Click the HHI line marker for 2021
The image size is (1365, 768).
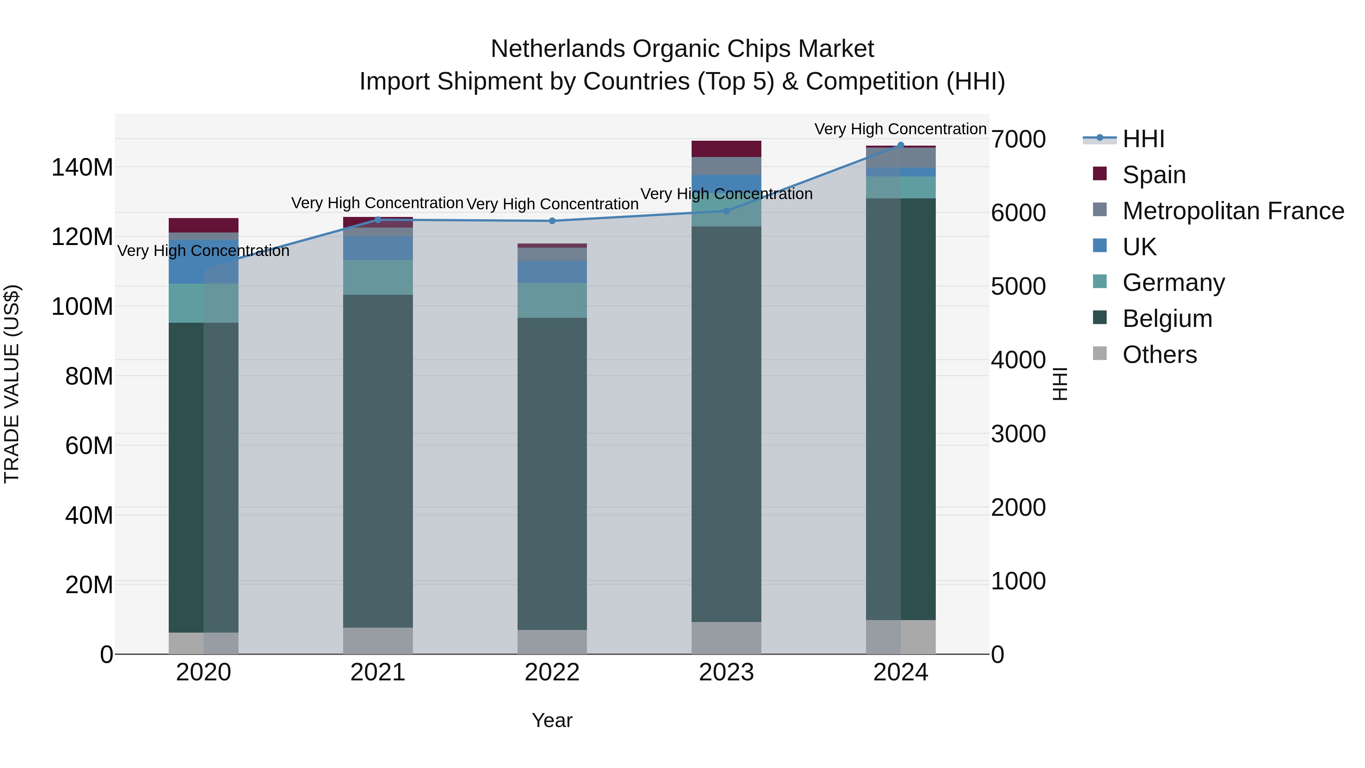click(x=378, y=220)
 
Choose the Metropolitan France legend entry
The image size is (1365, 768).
click(x=1233, y=211)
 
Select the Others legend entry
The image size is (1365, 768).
click(x=1159, y=355)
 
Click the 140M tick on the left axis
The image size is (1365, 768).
click(x=82, y=168)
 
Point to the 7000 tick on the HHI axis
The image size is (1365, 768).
click(x=1018, y=140)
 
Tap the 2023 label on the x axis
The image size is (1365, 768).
click(x=726, y=672)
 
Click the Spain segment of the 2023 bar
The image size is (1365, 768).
click(x=726, y=149)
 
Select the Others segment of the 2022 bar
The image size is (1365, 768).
click(x=552, y=642)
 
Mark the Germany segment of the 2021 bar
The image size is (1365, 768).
click(x=378, y=277)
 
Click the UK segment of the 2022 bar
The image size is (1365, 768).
click(x=552, y=272)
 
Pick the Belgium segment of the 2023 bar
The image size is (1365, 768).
click(x=726, y=424)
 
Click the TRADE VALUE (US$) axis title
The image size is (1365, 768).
click(x=12, y=384)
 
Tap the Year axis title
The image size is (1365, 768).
click(x=552, y=720)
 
